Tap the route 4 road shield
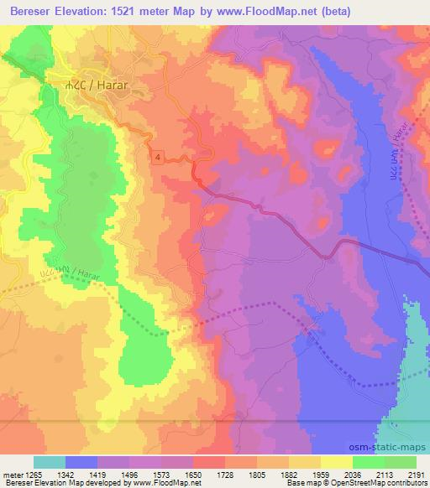pos(157,156)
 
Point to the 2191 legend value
pos(417,474)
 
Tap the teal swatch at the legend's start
pos(50,462)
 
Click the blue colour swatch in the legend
pos(81,462)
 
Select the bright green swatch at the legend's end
pos(401,462)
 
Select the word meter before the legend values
pos(12,474)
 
